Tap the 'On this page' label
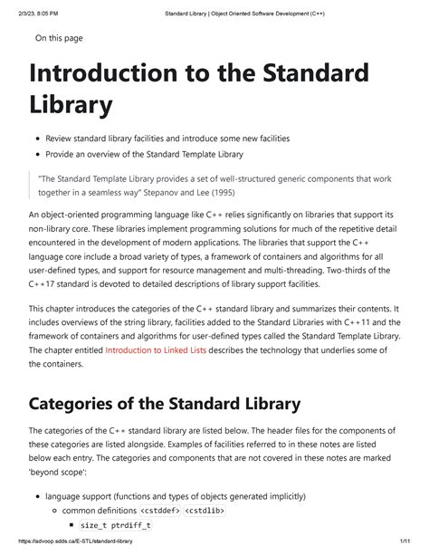[59, 37]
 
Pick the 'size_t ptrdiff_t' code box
[115, 524]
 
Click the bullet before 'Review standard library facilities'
[37, 139]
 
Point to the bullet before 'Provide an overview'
[37, 155]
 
